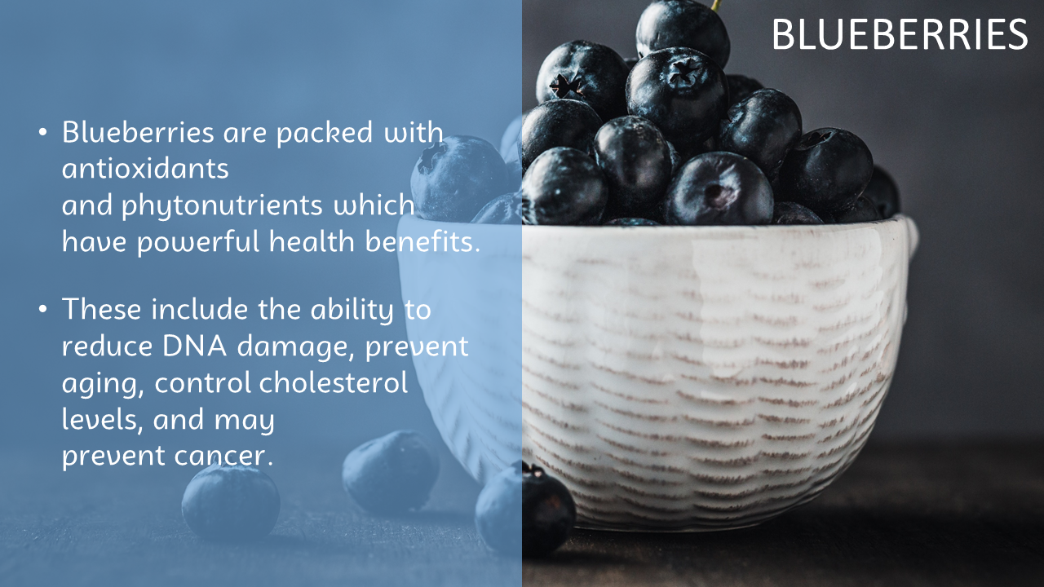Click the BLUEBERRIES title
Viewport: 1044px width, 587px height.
click(900, 34)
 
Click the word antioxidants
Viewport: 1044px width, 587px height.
click(145, 168)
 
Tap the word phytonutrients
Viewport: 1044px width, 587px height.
click(222, 206)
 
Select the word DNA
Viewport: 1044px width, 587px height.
click(195, 346)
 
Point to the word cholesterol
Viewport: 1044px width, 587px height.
click(334, 382)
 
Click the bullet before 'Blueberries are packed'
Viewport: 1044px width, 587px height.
click(43, 132)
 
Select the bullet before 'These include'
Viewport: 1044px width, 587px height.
click(43, 309)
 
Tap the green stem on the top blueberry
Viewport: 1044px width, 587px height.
click(716, 6)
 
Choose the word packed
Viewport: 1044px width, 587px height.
click(325, 133)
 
